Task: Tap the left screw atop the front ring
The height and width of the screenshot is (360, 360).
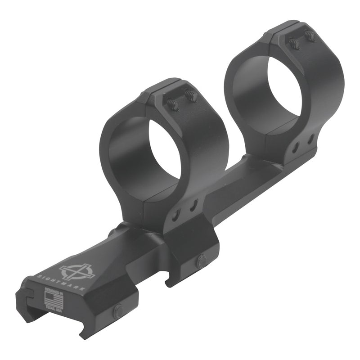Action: pos(173,104)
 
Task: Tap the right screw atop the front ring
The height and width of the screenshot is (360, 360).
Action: pos(191,96)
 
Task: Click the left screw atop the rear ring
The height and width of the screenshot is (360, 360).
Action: pos(294,44)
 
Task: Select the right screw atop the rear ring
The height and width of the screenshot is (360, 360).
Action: pos(310,35)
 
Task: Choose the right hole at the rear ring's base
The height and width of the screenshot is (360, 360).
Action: pos(310,140)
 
